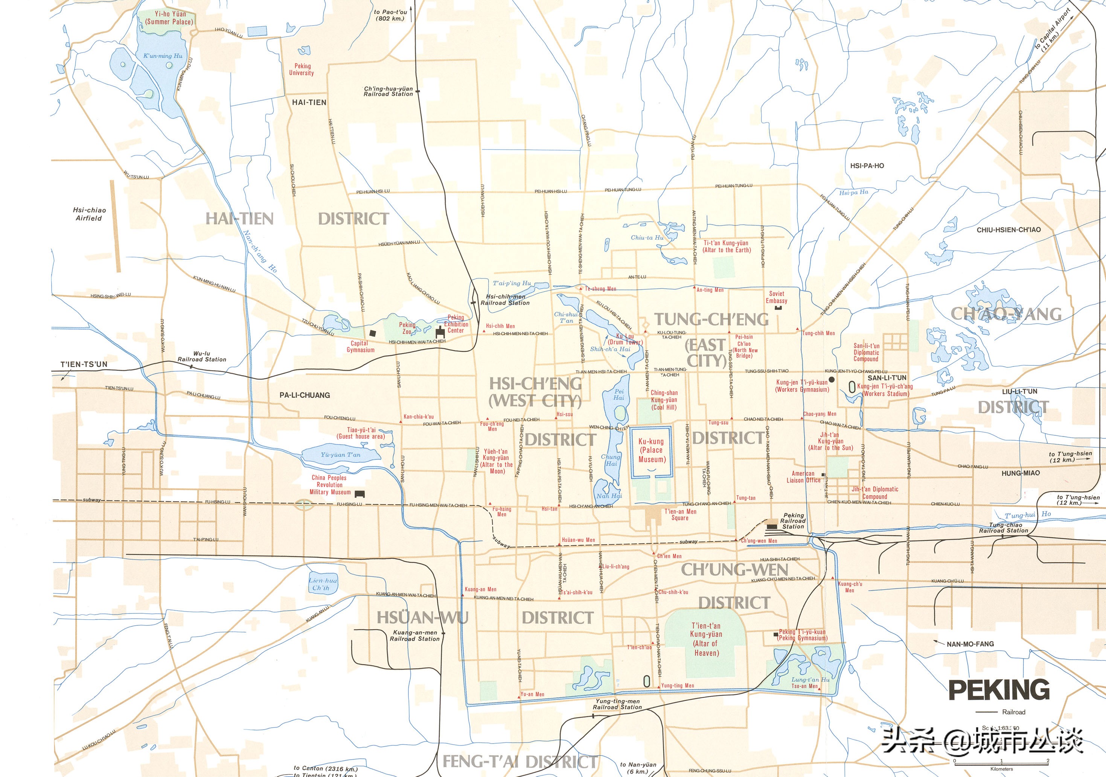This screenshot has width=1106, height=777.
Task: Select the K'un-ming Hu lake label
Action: pos(163,56)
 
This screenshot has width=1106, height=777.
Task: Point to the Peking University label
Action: pos(302,69)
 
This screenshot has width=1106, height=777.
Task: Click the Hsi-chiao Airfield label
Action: pos(89,214)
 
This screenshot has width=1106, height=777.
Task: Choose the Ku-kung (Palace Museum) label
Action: pos(651,450)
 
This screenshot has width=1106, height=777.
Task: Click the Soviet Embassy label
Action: pos(777,297)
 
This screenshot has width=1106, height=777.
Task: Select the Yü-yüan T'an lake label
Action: pos(340,455)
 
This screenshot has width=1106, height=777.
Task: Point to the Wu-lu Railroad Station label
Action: pos(202,356)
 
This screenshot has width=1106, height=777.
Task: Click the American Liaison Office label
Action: pos(803,477)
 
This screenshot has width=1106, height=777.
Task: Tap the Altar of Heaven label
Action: pos(706,639)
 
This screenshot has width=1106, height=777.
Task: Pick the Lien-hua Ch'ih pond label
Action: pos(322,584)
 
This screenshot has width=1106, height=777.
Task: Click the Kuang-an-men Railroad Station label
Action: pos(415,636)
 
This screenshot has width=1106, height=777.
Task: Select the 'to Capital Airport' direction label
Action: pos(1049,37)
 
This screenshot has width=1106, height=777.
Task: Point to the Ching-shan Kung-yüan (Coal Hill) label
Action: pos(664,400)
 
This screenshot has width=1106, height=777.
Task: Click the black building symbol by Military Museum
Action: pos(360,494)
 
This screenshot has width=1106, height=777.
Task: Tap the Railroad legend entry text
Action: pos(1013,712)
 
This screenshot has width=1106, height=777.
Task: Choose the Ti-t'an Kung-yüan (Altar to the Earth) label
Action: pos(727,246)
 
